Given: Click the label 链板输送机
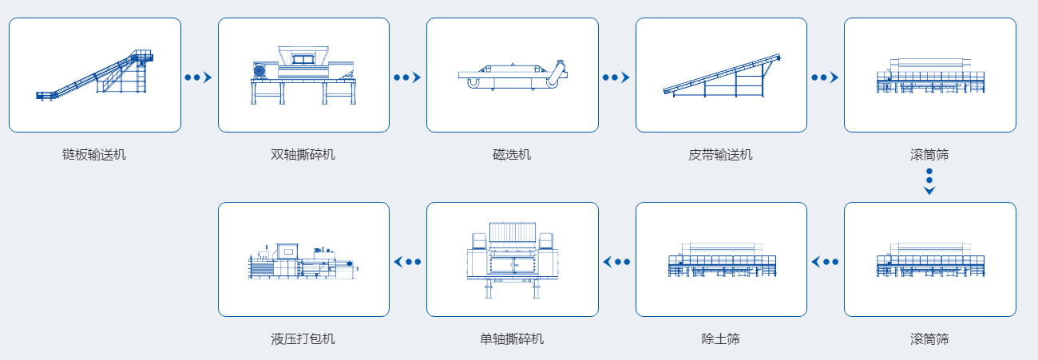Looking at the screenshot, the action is click(94, 154).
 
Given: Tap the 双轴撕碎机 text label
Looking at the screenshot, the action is click(303, 154).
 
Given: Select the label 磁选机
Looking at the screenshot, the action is click(512, 154).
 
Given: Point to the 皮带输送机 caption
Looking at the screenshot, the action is click(720, 154).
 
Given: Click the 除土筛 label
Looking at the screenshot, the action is click(720, 338).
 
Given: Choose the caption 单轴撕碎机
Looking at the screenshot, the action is click(512, 338).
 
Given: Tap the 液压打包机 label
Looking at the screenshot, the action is click(303, 338).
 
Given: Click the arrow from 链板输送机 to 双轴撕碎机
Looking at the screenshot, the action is click(198, 77).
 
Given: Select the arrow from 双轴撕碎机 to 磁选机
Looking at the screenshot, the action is click(407, 77).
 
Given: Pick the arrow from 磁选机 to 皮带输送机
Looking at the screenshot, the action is click(616, 77).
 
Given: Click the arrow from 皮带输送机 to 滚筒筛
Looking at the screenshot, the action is click(826, 77).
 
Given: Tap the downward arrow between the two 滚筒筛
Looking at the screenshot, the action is click(929, 182).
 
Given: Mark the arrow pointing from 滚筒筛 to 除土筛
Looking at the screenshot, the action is click(826, 262).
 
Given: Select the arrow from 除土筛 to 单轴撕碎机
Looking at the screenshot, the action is click(616, 262).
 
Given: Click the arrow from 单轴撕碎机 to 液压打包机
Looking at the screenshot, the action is click(407, 262).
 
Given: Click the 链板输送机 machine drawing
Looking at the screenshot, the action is click(94, 76).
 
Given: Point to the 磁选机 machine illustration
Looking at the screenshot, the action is click(513, 74).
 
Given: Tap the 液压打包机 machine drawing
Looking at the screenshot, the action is click(303, 261).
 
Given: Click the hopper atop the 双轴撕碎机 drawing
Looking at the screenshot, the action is click(303, 56).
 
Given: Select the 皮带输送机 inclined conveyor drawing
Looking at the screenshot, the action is click(722, 75).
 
